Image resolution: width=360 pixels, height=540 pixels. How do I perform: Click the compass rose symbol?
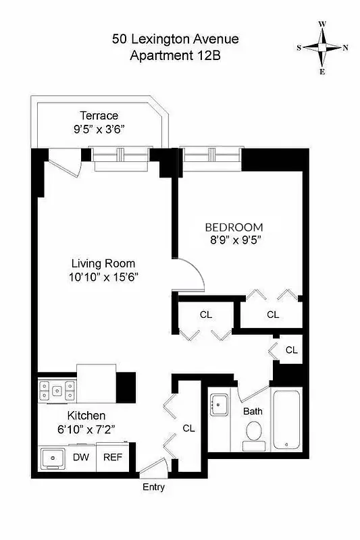coord(323,47)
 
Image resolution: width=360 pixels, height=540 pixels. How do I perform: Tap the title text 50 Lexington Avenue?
coord(175,40)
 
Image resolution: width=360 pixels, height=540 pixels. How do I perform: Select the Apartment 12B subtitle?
coord(175,57)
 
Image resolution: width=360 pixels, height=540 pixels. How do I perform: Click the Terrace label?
coord(99,115)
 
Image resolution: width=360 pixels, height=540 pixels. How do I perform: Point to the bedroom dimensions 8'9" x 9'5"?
coord(234,239)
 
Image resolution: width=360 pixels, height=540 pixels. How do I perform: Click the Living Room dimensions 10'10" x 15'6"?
coord(104,276)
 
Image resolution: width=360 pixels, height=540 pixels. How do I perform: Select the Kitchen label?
coord(85,416)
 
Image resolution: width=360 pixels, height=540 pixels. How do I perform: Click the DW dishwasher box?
coord(80,457)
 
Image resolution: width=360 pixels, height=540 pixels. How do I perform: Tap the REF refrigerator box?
coord(112,457)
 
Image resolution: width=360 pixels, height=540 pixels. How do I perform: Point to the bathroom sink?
coord(219,406)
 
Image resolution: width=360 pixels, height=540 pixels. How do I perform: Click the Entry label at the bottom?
coord(153,487)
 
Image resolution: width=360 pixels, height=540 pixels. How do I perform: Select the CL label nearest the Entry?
coord(189,428)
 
